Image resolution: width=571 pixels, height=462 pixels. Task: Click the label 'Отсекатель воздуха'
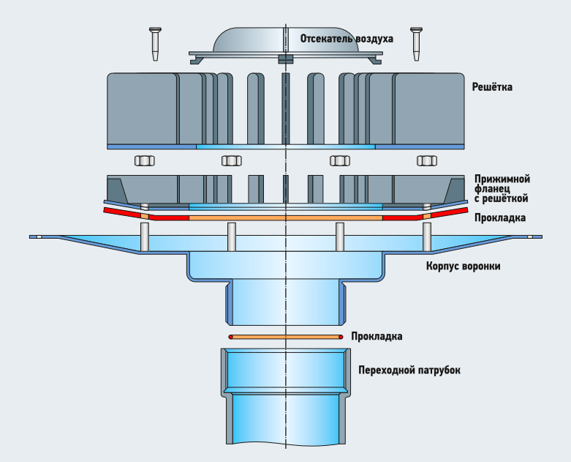347,38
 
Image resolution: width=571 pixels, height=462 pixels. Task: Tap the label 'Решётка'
493,86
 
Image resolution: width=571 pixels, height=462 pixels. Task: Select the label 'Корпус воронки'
463,267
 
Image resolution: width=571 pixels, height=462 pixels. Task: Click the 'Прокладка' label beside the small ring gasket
377,337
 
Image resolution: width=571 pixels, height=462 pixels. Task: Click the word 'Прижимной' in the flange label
502,179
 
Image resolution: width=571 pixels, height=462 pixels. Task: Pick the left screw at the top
155,45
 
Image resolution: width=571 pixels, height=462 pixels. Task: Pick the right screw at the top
416,45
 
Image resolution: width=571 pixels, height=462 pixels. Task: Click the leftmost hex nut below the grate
143,160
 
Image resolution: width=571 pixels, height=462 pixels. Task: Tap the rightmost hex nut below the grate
426,160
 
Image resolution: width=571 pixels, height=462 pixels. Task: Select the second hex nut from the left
231,160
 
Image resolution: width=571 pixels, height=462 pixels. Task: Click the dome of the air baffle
249,40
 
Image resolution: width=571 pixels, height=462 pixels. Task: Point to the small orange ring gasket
286,337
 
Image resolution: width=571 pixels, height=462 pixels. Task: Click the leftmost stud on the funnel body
145,236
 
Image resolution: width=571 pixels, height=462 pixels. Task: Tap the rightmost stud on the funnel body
427,236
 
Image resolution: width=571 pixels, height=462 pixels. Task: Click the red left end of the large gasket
121,212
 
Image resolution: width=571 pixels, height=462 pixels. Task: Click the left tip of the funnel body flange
34,237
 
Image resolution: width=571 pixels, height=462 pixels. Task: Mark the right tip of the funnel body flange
539,237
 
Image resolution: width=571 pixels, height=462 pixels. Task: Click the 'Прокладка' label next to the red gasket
499,218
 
